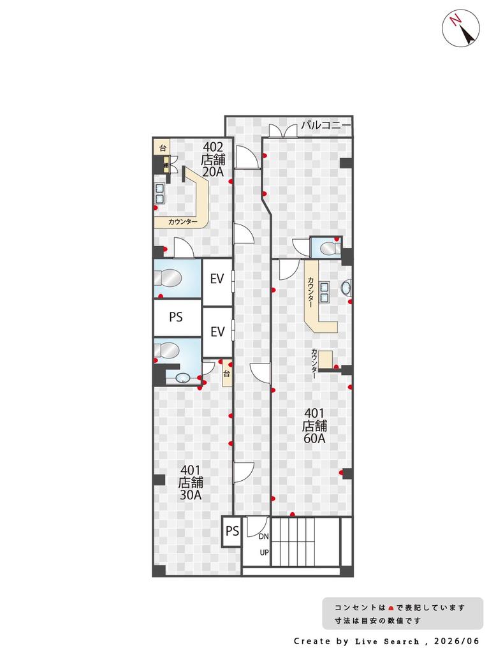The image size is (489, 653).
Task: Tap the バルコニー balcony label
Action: click(x=326, y=124)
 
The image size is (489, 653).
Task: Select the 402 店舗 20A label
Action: click(x=213, y=159)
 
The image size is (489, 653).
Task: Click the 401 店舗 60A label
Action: click(x=314, y=425)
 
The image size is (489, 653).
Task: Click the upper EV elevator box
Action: click(x=217, y=282)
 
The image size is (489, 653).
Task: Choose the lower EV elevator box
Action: click(x=217, y=332)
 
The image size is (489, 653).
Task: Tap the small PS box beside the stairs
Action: click(x=232, y=531)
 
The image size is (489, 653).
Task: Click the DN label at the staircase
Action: click(x=264, y=536)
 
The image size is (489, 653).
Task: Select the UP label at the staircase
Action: click(x=264, y=553)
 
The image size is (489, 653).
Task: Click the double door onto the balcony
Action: click(x=283, y=130)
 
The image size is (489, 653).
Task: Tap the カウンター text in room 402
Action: click(x=182, y=222)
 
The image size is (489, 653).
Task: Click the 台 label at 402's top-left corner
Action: click(x=163, y=148)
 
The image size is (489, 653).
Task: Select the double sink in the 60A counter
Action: click(x=325, y=292)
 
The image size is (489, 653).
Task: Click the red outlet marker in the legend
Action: click(x=391, y=608)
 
